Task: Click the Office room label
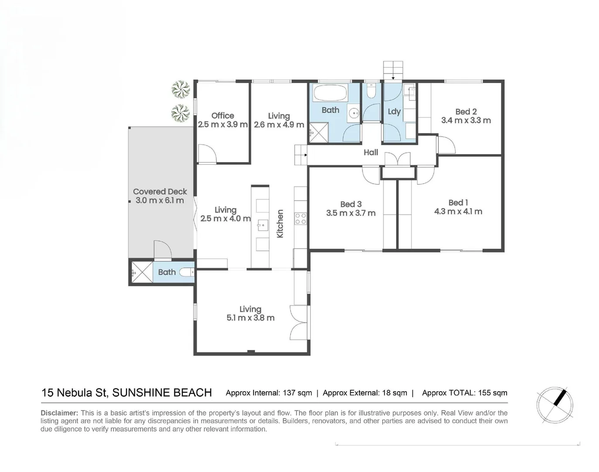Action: pyautogui.click(x=222, y=115)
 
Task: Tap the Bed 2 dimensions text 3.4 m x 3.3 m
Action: pyautogui.click(x=466, y=121)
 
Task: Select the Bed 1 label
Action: pyautogui.click(x=458, y=202)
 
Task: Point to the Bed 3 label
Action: pyautogui.click(x=351, y=204)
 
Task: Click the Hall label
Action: pyautogui.click(x=371, y=152)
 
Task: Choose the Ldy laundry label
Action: pyautogui.click(x=394, y=111)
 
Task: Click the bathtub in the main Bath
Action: pyautogui.click(x=330, y=93)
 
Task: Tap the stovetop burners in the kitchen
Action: pyautogui.click(x=301, y=219)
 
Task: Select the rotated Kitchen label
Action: pyautogui.click(x=280, y=224)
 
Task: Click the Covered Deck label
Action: pyautogui.click(x=160, y=191)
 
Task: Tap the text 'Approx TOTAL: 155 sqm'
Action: pyautogui.click(x=465, y=393)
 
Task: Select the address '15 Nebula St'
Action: pyautogui.click(x=74, y=392)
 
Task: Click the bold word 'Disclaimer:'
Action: pyautogui.click(x=59, y=413)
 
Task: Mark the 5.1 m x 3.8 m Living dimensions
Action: pyautogui.click(x=250, y=318)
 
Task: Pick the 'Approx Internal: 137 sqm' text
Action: pyautogui.click(x=269, y=393)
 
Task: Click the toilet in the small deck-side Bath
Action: pyautogui.click(x=187, y=273)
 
